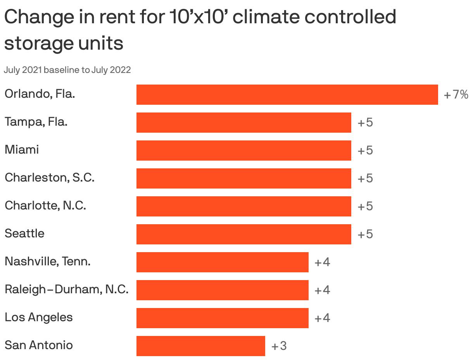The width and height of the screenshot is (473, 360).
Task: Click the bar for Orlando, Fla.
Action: pos(287,95)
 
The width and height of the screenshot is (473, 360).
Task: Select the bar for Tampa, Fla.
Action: pos(243,123)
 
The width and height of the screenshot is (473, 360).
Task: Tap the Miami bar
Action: pos(243,151)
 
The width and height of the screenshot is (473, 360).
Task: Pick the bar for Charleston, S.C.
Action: pos(243,178)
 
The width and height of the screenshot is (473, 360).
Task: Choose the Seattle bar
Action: pos(243,234)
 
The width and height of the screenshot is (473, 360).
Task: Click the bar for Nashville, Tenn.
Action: pos(222,262)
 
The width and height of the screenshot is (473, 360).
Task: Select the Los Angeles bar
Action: pos(222,318)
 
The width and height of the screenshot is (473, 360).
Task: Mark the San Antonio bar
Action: pos(200,346)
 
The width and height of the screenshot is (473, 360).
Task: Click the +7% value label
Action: pos(456,95)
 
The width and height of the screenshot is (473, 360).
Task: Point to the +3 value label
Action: pos(279,346)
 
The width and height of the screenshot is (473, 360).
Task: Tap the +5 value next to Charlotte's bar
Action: pos(365,206)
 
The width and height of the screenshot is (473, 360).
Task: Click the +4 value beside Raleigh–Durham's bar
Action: pos(322,290)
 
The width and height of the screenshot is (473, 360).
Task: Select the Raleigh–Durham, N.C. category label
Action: pos(66,289)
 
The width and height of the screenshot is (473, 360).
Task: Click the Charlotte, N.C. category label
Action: pos(45,206)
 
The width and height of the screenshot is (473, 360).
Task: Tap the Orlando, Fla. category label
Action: pos(40,94)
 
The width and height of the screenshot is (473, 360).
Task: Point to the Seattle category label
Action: pos(24,234)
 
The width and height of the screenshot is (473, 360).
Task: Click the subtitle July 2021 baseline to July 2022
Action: pos(67,70)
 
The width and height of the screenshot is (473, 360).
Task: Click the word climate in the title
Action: pos(268,17)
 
